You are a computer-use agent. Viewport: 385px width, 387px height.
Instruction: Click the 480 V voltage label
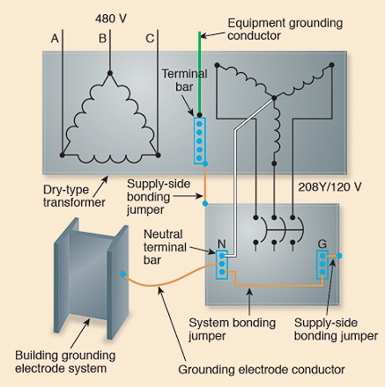click(111, 18)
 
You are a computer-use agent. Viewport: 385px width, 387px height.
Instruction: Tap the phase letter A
click(55, 39)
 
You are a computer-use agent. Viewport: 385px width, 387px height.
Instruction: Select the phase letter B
click(102, 39)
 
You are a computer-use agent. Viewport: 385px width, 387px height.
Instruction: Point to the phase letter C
click(150, 39)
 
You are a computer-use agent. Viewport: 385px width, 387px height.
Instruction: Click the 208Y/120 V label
click(329, 186)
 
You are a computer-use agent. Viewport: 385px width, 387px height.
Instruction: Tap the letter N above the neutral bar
click(222, 244)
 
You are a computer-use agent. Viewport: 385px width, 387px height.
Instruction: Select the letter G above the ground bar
click(322, 244)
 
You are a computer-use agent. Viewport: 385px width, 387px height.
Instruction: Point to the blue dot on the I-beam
click(122, 274)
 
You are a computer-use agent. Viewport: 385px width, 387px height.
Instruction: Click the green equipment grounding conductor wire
click(199, 73)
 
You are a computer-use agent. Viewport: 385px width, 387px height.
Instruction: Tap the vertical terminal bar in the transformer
click(200, 141)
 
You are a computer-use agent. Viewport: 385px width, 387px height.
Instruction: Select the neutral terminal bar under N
click(222, 265)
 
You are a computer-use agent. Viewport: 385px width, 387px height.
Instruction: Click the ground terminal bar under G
click(322, 265)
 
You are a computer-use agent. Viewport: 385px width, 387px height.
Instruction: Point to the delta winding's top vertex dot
click(110, 73)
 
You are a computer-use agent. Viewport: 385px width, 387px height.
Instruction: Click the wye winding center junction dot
click(274, 98)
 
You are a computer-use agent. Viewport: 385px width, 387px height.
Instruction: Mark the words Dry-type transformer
click(74, 196)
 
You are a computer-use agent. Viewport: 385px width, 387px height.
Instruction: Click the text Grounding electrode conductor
click(262, 369)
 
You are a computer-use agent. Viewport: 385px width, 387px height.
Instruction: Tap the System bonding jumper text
click(232, 329)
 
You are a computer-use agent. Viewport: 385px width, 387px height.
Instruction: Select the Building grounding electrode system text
click(65, 361)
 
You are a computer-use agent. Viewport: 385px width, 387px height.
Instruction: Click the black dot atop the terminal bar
click(199, 114)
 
